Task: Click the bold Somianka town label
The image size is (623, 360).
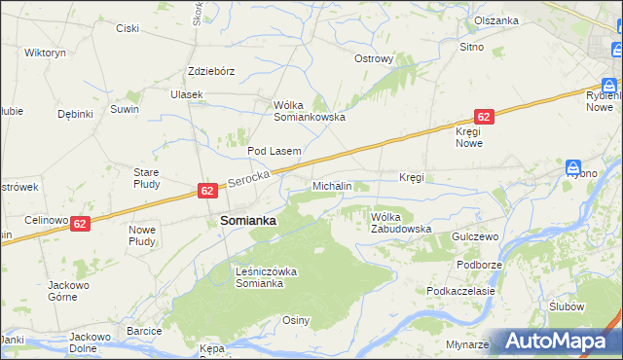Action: [248, 221]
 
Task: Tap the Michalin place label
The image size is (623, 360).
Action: [332, 186]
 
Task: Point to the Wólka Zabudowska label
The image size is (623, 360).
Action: [400, 223]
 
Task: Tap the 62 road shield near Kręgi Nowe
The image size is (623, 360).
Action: [485, 116]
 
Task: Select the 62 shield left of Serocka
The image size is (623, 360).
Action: [207, 191]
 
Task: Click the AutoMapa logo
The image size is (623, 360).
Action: [554, 342]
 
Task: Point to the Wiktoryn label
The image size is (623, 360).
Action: [45, 53]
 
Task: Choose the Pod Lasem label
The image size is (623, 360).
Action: [274, 151]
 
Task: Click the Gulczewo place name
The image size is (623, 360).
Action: [475, 236]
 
